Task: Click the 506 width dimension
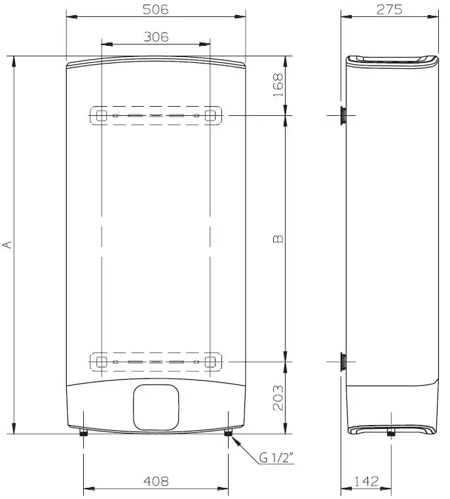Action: tap(155, 9)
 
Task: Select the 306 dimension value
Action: tap(155, 37)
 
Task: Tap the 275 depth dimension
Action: tap(389, 9)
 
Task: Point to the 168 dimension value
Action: tap(278, 85)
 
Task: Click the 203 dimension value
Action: tap(278, 397)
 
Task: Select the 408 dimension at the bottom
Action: tap(155, 481)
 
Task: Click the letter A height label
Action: tap(8, 244)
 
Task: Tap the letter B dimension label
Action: tap(278, 239)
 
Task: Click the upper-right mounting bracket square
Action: tap(210, 116)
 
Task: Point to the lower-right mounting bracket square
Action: tap(210, 361)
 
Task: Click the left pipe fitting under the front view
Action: tap(83, 434)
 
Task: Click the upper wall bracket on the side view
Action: tap(343, 115)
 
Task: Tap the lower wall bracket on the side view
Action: tap(343, 361)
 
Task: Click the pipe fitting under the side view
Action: tap(390, 432)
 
